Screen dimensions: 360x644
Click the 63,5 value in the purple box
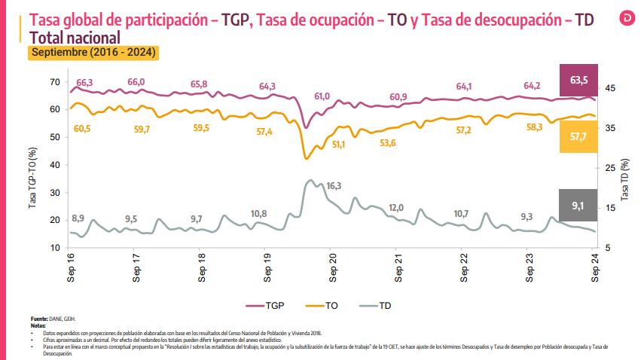(578, 80)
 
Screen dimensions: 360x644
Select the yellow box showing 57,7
(578, 136)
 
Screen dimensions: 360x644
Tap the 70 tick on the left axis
(55, 81)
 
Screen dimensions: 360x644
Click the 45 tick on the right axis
(610, 89)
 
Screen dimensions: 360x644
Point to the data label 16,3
(334, 186)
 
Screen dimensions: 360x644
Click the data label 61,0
(322, 96)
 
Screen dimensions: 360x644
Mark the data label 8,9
(78, 218)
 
